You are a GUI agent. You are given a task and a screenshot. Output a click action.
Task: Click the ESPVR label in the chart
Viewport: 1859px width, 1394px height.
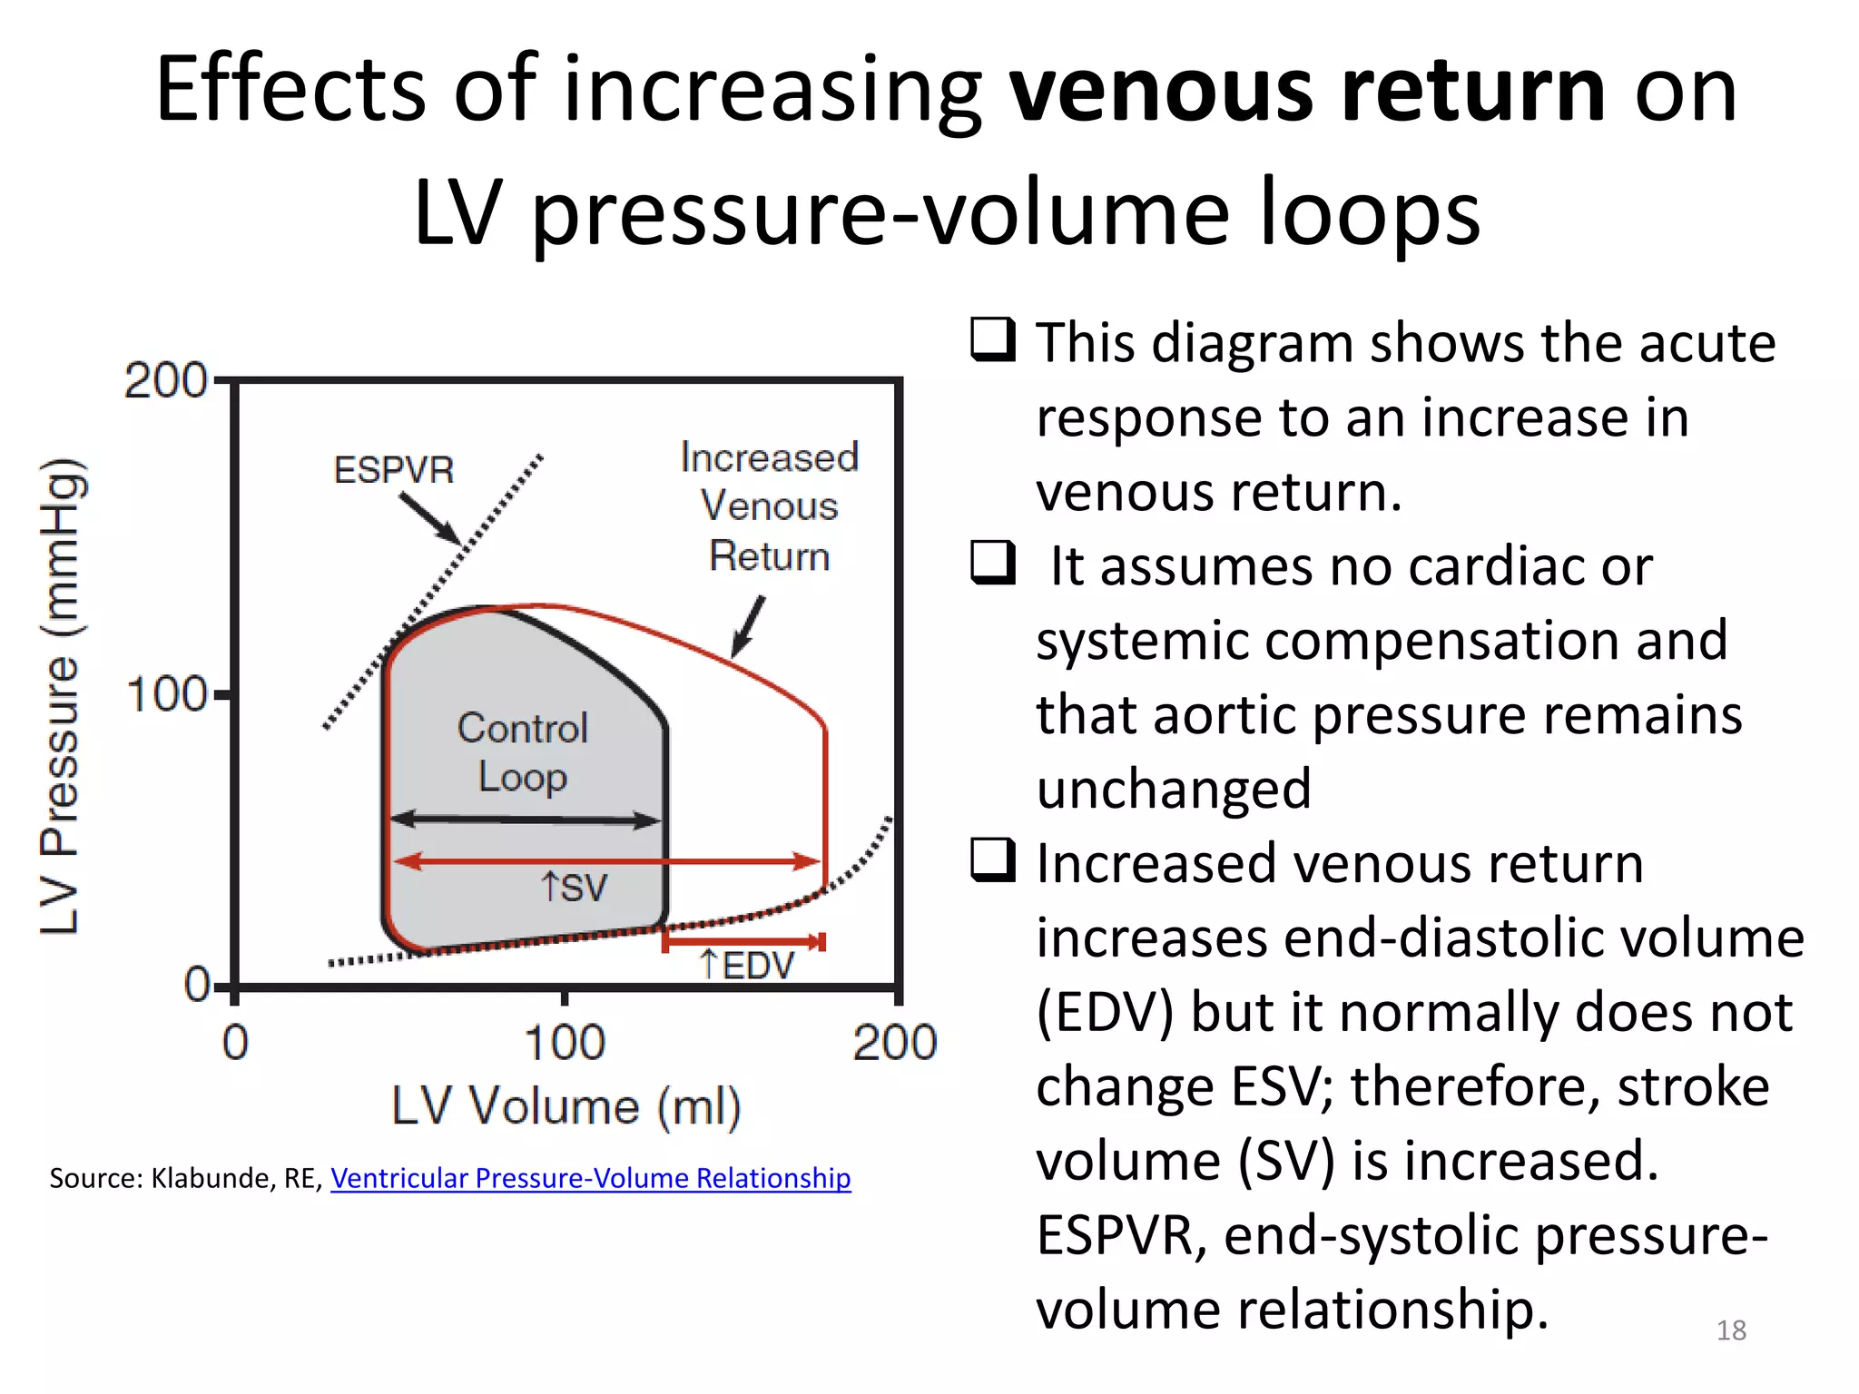[394, 470]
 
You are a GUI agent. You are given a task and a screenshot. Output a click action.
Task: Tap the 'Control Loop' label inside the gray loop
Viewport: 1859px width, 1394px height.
[523, 752]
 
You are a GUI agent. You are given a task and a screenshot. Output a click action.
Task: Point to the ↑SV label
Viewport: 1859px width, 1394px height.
[574, 888]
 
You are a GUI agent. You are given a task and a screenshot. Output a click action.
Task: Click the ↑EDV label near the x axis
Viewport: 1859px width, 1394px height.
[747, 965]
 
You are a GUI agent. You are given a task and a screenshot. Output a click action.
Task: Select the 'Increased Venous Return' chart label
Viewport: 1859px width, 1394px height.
[769, 506]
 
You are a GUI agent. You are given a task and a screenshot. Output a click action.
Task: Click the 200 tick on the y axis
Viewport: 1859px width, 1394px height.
[165, 380]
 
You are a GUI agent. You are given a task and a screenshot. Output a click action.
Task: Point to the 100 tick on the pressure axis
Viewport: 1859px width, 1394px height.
[167, 695]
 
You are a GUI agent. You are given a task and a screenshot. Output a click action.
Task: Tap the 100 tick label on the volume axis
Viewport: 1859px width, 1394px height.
[564, 1042]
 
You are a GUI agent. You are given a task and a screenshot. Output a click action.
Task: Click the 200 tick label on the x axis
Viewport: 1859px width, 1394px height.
[894, 1042]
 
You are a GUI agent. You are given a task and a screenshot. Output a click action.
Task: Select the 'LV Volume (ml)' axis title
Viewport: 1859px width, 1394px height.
[566, 1106]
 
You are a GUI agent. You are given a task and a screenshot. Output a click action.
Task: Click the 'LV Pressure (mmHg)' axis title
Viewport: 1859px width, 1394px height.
[62, 697]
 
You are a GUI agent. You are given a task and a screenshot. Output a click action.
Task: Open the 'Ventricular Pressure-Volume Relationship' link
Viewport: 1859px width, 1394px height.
[590, 1178]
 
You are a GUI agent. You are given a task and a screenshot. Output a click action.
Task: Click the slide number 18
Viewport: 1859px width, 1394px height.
[1731, 1330]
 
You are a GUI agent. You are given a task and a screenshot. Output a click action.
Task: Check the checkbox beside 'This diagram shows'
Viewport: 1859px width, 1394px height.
[992, 339]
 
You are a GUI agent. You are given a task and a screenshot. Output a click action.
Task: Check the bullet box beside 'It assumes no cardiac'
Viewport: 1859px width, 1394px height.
[992, 563]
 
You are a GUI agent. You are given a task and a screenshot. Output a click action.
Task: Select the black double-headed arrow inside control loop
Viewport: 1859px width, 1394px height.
[525, 820]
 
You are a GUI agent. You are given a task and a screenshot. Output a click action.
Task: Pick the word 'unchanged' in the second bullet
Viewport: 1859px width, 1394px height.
[1174, 788]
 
